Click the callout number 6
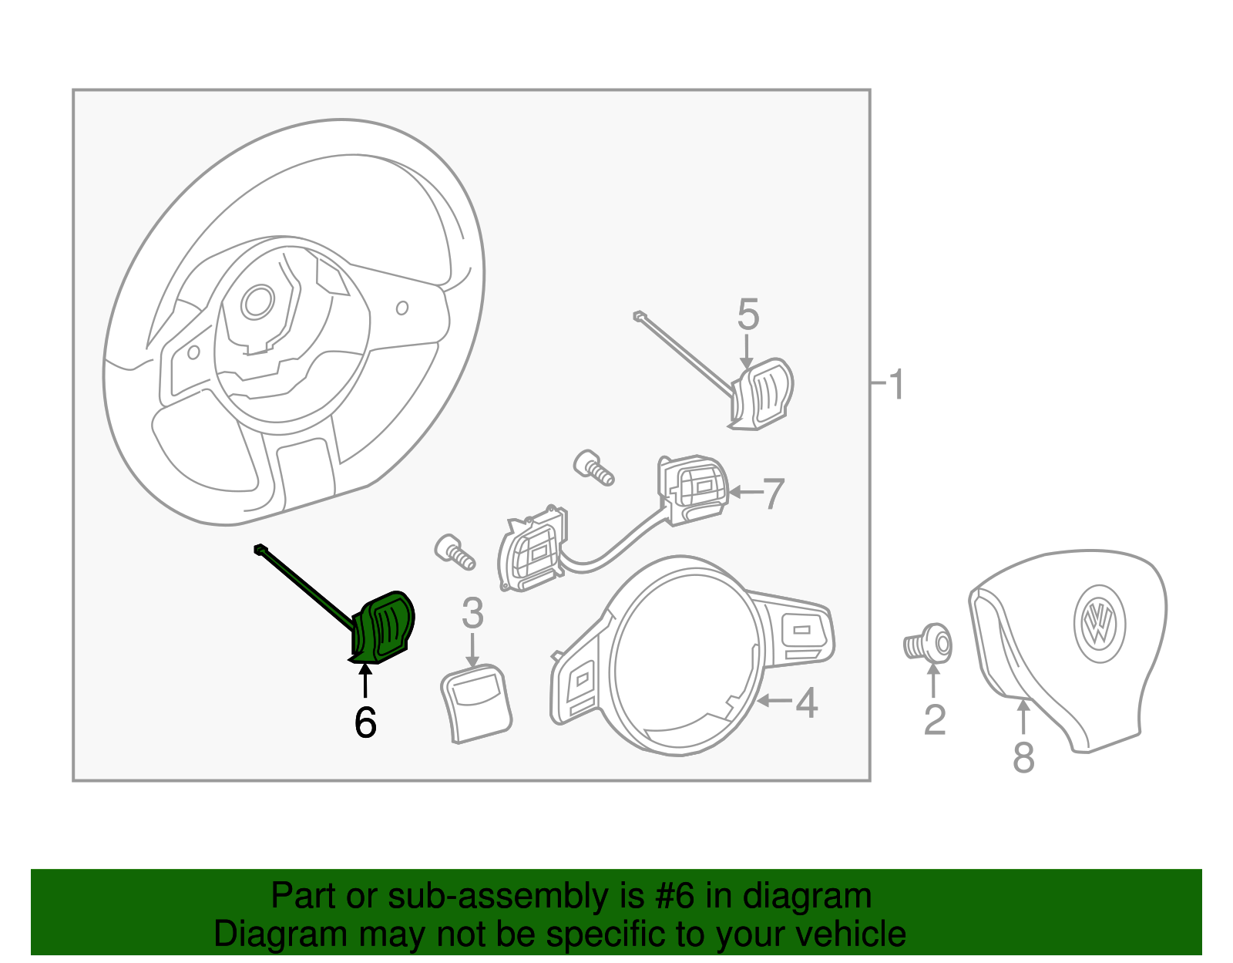[x=365, y=722]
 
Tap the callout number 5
[x=748, y=315]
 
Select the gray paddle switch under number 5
[x=762, y=392]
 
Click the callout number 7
[x=773, y=493]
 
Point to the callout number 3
[x=472, y=614]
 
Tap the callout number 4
[x=806, y=702]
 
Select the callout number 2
[x=934, y=719]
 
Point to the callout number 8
[x=1023, y=756]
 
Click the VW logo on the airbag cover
[x=1100, y=623]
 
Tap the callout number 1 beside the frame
[x=895, y=383]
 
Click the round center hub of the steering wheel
[x=257, y=302]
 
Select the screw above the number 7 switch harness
[x=594, y=467]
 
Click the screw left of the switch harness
[x=455, y=551]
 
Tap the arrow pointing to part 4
[x=774, y=701]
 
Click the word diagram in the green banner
[x=807, y=897]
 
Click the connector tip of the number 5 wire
[x=639, y=315]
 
